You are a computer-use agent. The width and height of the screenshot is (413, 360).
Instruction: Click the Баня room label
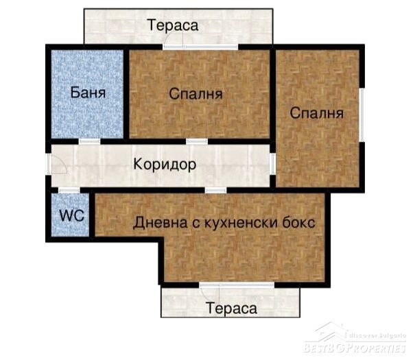[88, 93]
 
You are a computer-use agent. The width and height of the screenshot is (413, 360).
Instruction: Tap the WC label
[71, 215]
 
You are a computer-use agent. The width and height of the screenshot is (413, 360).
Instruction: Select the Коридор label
[165, 164]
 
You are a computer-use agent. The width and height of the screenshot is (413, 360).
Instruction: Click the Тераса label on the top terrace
[173, 25]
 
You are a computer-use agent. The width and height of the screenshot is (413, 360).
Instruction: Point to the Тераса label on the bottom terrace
[231, 308]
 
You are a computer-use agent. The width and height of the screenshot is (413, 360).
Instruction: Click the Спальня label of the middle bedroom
[196, 94]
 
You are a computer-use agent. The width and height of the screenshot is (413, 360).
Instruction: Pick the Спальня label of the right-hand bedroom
[316, 113]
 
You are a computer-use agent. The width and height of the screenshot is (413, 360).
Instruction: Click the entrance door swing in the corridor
[58, 165]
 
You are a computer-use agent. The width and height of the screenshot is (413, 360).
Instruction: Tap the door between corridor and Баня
[89, 141]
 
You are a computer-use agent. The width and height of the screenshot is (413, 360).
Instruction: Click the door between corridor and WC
[69, 190]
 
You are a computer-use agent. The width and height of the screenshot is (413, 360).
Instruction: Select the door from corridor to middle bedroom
[197, 141]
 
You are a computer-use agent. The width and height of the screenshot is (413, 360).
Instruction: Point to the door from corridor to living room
[215, 190]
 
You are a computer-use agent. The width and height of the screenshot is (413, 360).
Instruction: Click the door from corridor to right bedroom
[273, 164]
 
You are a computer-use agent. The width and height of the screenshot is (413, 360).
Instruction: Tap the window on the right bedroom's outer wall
[362, 115]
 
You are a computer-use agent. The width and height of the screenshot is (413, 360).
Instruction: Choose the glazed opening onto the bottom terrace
[237, 285]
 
